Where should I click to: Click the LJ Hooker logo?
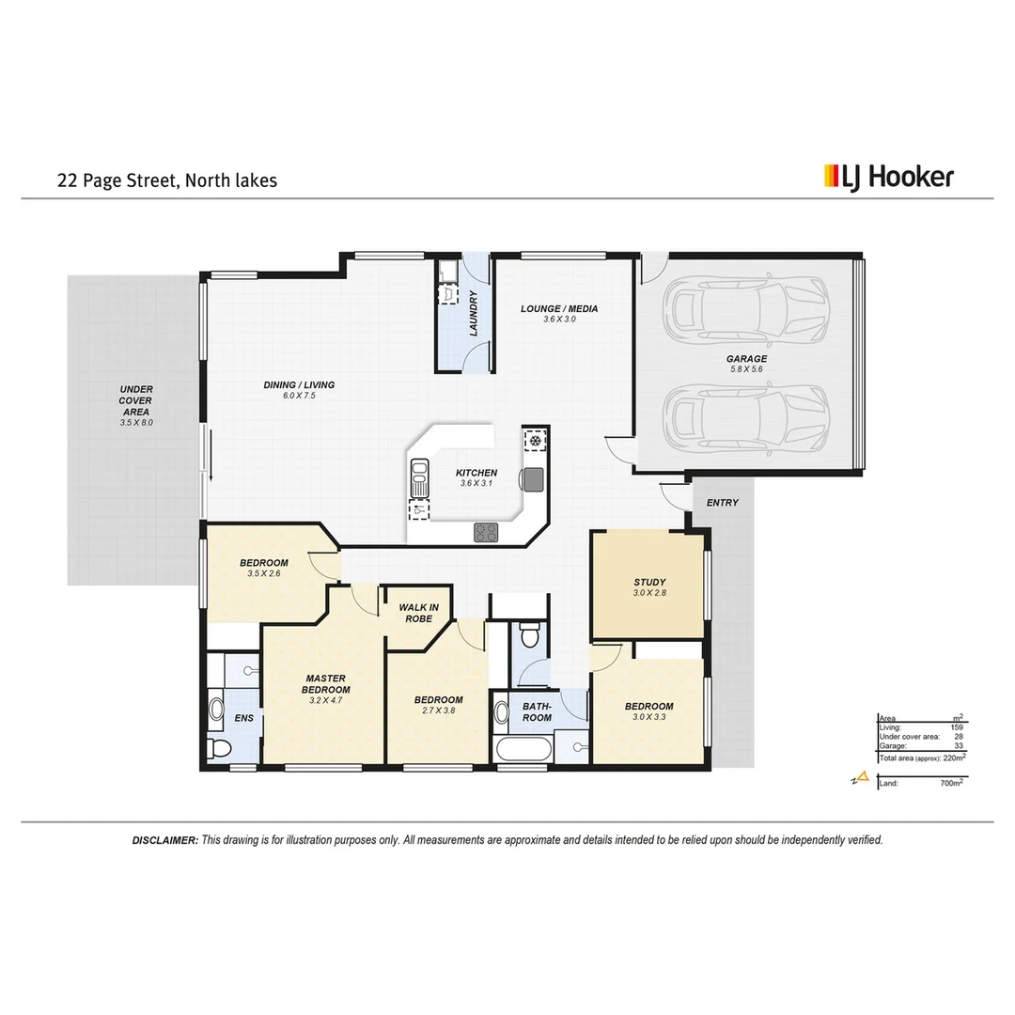coord(888,177)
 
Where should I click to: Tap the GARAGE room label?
coord(746,359)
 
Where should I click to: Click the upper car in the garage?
coord(747,312)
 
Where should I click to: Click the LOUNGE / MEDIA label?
coord(559,308)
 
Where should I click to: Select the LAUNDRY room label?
coord(474,313)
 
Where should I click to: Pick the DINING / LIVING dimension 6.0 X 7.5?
coord(299,397)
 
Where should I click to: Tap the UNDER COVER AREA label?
coord(136,400)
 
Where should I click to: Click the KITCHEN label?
coord(476,473)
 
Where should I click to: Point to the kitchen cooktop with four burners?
coord(486,532)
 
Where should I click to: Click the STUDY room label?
coord(649,582)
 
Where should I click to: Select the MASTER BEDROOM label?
coord(325,683)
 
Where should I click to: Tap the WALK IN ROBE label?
coord(418,613)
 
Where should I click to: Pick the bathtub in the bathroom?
coord(523,752)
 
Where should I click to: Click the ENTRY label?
coord(722,503)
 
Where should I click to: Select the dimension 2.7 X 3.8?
coord(438,711)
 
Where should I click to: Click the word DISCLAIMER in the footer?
coord(165,840)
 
